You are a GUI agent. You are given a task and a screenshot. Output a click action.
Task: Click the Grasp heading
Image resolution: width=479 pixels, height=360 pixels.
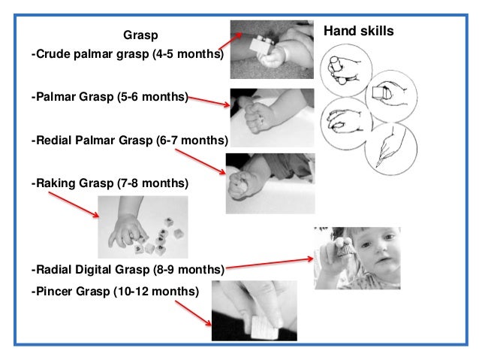pos(140,35)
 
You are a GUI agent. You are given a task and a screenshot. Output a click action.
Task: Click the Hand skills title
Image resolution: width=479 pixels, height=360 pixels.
pos(359,31)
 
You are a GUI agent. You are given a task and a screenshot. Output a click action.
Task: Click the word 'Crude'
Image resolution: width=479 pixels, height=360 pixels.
pos(53,54)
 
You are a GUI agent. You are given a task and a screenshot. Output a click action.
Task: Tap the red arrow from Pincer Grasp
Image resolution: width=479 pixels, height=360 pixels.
pos(193,313)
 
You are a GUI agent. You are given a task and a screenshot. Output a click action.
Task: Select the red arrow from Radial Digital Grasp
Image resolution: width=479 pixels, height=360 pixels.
pos(270,263)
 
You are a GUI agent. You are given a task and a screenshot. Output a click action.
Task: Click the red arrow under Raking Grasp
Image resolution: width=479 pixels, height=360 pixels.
pos(74,204)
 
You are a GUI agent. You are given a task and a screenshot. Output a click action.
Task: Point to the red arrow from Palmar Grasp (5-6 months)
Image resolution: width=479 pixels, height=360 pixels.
pos(209,101)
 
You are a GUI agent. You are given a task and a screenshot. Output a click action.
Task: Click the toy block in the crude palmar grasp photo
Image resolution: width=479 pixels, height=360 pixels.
pos(262,45)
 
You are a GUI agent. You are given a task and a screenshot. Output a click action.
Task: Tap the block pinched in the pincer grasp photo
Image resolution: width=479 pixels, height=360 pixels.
pos(264,328)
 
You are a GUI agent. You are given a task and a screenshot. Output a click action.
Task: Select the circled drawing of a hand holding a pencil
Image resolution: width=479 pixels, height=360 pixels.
pos(391,149)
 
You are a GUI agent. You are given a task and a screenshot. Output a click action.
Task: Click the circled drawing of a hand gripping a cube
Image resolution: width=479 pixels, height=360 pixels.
pos(391,96)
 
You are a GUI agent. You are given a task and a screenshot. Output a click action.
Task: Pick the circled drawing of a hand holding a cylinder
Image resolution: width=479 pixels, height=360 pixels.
pos(346,70)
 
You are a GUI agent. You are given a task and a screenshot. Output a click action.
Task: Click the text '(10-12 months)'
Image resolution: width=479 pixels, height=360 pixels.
pos(156,291)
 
